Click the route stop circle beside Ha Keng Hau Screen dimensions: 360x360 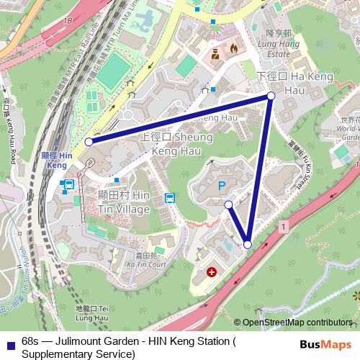coord(271,96)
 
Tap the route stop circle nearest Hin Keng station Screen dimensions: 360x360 coord(89,142)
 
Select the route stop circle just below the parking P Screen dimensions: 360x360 coord(228,205)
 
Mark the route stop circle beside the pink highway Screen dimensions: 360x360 coord(248,245)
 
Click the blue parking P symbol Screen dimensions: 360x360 coord(222,186)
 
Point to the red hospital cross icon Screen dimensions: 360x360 coord(212,272)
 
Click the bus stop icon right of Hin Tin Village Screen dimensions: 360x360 coord(170,198)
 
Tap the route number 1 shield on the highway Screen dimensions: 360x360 coord(284,227)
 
